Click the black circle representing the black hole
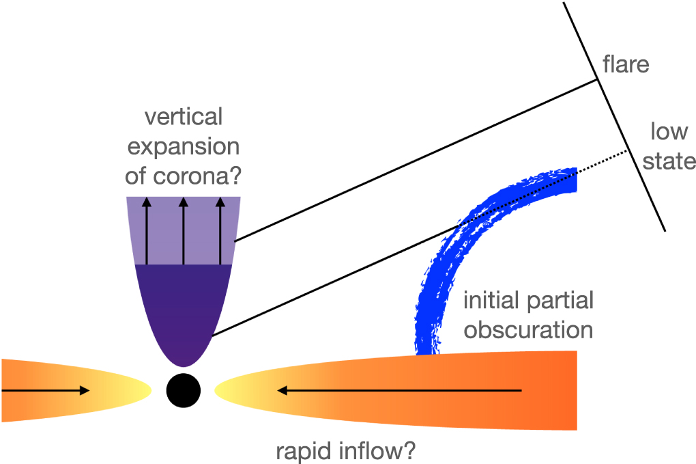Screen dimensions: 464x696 pos(184,390)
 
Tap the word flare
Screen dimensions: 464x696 pos(626,65)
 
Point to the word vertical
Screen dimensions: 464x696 pos(184,117)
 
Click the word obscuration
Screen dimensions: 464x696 pos(528,330)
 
